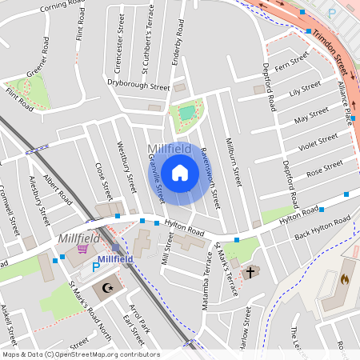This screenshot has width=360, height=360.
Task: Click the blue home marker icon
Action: (x=180, y=173)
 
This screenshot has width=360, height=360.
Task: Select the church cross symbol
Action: (x=250, y=272)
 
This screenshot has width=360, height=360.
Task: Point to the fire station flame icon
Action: (x=345, y=280)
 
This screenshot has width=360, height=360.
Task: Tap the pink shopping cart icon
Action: (x=83, y=250)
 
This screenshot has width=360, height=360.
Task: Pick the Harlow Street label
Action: (x=245, y=328)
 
